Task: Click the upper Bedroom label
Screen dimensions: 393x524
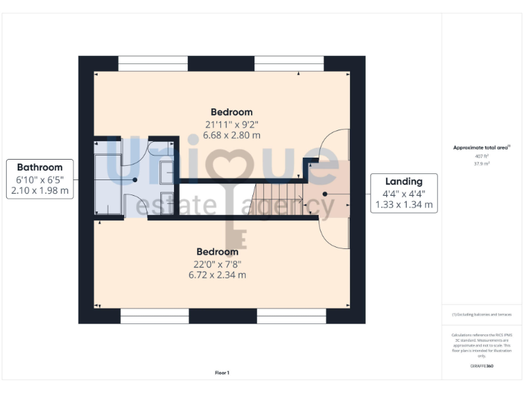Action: coord(231,112)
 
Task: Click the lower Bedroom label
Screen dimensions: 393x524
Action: coord(218,252)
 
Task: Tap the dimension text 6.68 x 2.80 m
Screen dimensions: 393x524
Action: coord(231,135)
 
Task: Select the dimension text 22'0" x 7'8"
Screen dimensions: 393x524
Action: coord(218,263)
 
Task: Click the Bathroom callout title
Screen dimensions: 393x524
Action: coord(40,167)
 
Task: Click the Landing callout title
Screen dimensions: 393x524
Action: coord(403,181)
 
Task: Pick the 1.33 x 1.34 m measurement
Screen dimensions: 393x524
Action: coord(403,204)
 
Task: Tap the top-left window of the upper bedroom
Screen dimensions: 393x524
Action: coord(153,63)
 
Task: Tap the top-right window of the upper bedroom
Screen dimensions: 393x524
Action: coord(289,63)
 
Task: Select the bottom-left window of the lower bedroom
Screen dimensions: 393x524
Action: coord(155,316)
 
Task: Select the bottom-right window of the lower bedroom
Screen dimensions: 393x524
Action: coord(291,316)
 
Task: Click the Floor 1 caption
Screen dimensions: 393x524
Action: coord(222,373)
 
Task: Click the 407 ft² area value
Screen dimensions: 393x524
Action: coord(482,156)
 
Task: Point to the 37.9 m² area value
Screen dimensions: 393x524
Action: coord(482,164)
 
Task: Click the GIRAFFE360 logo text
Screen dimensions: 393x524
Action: coord(482,366)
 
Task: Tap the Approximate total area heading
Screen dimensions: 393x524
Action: coord(482,147)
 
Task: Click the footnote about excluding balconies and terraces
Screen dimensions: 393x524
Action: coord(482,314)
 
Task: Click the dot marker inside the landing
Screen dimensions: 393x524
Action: coord(325,194)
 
